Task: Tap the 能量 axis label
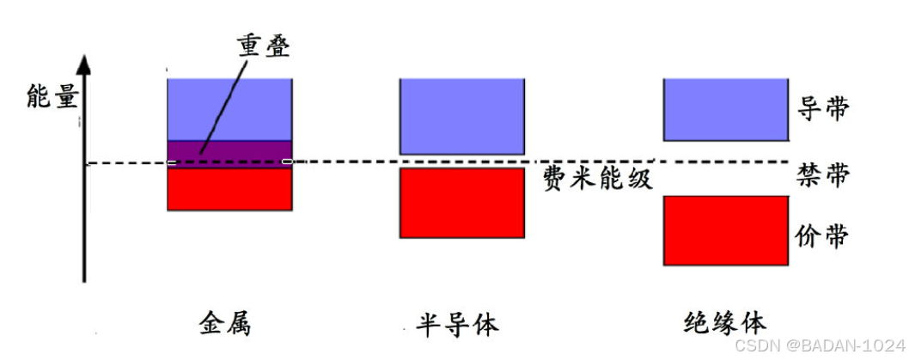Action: (x=52, y=95)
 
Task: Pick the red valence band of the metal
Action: (x=229, y=189)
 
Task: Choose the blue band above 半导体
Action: (x=462, y=116)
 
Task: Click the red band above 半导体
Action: (x=462, y=202)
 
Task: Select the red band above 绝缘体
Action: (x=725, y=230)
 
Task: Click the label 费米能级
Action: (x=598, y=179)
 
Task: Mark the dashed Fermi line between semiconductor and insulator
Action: (x=593, y=162)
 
